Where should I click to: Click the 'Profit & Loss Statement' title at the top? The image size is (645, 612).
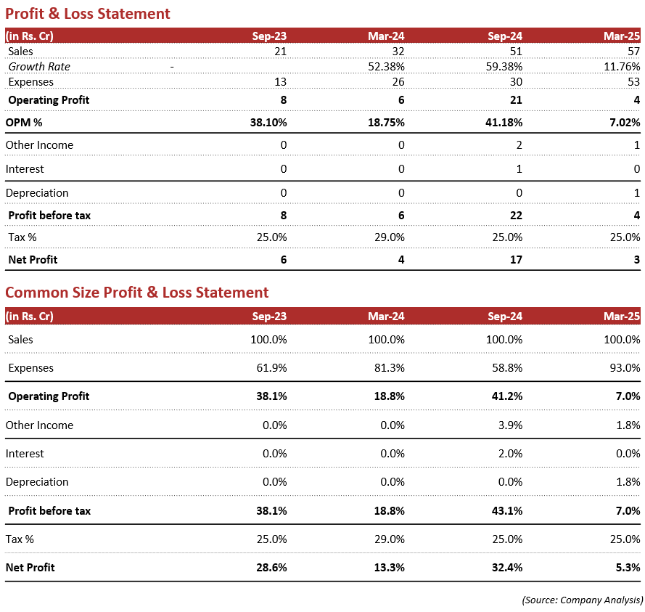point(88,14)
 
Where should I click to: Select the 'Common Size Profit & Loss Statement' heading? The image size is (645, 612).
point(136,293)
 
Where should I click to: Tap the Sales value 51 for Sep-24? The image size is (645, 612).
point(514,51)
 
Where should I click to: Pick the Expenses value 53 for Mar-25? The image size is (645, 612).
point(633,81)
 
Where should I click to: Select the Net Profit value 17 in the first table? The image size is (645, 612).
point(514,259)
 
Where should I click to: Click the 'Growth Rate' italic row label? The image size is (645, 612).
point(39,66)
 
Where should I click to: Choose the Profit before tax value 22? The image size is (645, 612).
point(514,215)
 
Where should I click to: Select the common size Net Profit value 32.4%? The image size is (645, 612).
point(506,567)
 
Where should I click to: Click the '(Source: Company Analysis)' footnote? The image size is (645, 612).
point(582,600)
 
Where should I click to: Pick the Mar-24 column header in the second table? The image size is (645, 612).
point(386,317)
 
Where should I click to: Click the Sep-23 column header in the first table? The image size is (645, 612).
point(269,36)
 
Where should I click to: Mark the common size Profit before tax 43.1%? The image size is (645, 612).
point(506,511)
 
